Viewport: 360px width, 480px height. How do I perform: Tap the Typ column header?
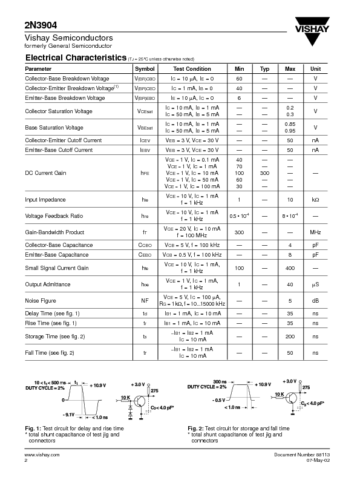(x=264, y=69)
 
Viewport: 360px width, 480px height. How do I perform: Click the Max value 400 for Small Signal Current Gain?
(x=290, y=268)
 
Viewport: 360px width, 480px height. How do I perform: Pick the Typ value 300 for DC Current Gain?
(x=264, y=173)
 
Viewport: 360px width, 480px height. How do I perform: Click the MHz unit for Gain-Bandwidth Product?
(x=315, y=232)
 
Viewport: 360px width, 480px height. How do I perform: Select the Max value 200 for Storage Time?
(x=290, y=337)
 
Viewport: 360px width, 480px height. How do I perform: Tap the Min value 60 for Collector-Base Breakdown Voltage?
(x=239, y=79)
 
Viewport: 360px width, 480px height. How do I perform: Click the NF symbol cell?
(x=145, y=300)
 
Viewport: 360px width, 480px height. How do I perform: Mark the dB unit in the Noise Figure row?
(x=315, y=300)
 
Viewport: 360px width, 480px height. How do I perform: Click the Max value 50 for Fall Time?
(x=290, y=352)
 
